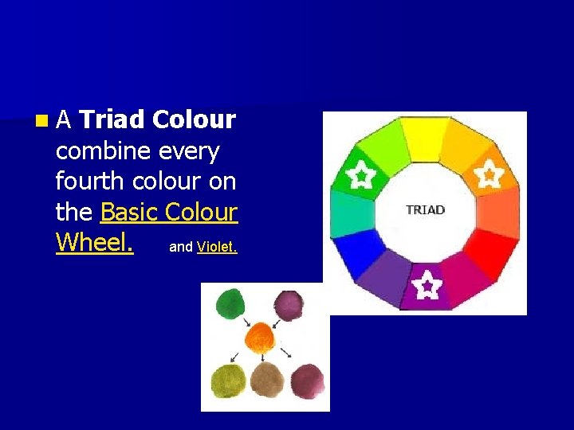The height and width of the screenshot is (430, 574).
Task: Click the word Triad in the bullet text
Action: (112, 120)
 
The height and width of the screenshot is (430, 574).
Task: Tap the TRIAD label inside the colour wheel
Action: (425, 210)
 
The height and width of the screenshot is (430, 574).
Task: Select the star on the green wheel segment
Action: (361, 174)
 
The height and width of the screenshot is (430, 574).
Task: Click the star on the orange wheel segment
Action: (488, 174)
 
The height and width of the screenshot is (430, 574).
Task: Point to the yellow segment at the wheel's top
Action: (424, 138)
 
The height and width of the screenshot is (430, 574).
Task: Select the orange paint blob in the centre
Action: (259, 338)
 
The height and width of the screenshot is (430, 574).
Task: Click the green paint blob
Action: (231, 305)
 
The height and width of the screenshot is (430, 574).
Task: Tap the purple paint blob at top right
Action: (289, 304)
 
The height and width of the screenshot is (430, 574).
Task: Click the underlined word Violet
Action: (217, 247)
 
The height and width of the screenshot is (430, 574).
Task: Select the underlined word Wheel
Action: (94, 242)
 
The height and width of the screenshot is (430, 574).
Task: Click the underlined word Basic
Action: (129, 212)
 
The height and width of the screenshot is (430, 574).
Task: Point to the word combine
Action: (104, 150)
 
